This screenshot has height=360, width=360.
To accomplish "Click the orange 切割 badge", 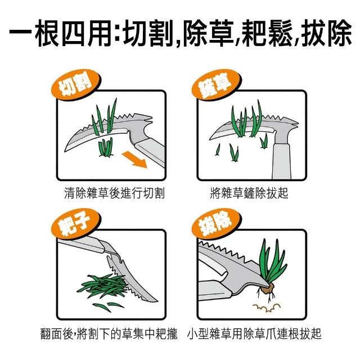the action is click(76, 85).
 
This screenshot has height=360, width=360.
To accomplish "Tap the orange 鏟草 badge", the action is click(216, 85).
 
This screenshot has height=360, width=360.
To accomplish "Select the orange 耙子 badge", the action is click(76, 224).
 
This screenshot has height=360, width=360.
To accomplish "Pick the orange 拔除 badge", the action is click(216, 224).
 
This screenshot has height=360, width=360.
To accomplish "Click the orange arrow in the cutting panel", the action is click(134, 160).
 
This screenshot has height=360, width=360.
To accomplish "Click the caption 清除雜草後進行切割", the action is click(114, 193).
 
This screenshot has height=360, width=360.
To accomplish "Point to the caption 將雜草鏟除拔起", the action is click(249, 193).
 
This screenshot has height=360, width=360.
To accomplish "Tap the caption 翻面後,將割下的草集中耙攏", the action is click(109, 334).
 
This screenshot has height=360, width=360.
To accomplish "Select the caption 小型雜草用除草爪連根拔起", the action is click(254, 334).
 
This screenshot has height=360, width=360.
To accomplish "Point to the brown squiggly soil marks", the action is click(267, 308).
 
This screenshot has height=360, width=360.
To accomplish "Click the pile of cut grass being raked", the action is click(103, 286).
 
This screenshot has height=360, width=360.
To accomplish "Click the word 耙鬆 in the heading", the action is click(268, 33).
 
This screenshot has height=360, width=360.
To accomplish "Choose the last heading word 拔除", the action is click(326, 33).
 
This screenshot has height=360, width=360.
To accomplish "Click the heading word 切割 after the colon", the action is click(148, 33).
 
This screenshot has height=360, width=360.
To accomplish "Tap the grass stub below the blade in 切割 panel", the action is click(106, 147).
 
